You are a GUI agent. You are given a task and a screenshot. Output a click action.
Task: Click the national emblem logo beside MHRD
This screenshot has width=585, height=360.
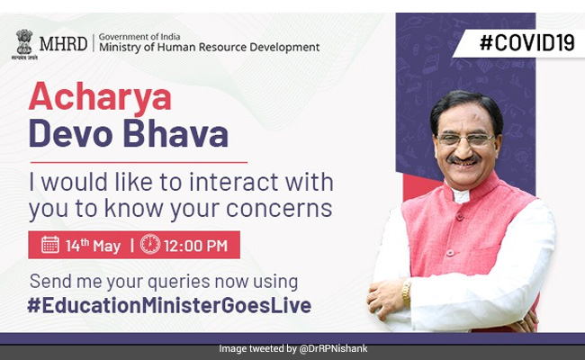tap(24, 41)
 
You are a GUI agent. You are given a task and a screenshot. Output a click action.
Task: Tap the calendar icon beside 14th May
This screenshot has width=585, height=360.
tap(50, 244)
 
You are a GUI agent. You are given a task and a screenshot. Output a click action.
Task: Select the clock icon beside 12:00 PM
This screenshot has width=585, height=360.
tap(150, 244)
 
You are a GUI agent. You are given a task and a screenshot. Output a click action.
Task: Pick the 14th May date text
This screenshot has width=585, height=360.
tap(94, 244)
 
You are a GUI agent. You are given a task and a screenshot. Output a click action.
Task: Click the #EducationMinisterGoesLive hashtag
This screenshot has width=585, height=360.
tap(169, 304)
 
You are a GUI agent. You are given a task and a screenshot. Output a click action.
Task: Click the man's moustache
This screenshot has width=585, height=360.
tap(464, 162)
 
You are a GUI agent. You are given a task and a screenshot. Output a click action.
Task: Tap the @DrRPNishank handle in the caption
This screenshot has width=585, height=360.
tap(334, 348)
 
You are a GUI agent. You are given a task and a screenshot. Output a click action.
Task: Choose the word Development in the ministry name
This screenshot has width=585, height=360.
tap(277, 47)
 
